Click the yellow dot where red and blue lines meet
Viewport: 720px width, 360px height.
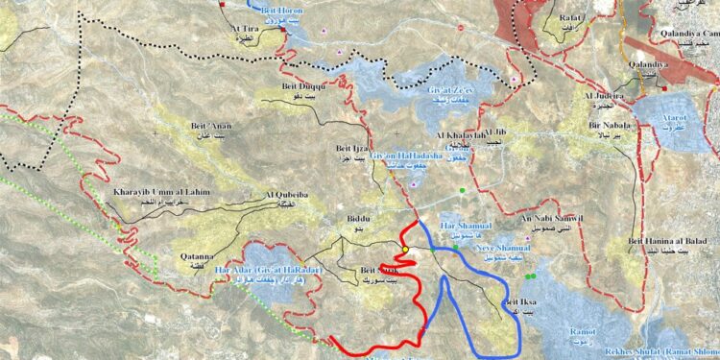click(x=405, y=250)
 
